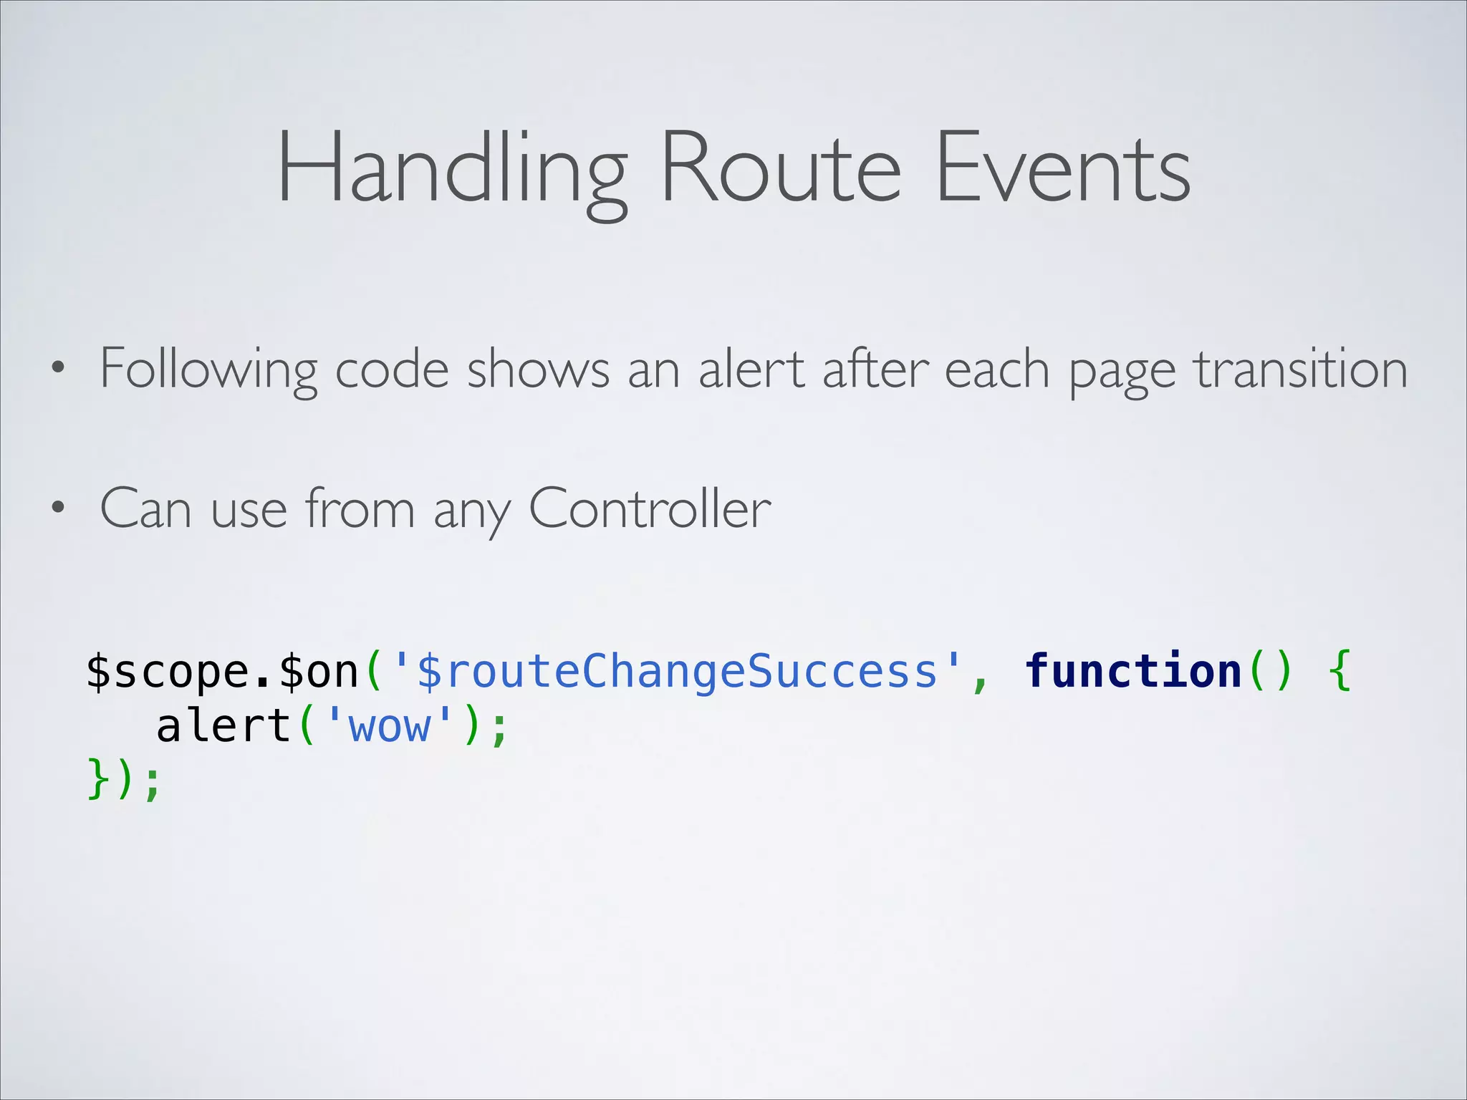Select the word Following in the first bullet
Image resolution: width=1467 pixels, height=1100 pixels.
pos(208,370)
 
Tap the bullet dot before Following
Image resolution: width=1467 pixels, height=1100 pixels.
pos(58,370)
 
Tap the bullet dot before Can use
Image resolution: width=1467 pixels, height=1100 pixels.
pos(58,509)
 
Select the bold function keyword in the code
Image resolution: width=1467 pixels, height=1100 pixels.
pos(1132,671)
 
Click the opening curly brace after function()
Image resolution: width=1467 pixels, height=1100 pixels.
pos(1339,671)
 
